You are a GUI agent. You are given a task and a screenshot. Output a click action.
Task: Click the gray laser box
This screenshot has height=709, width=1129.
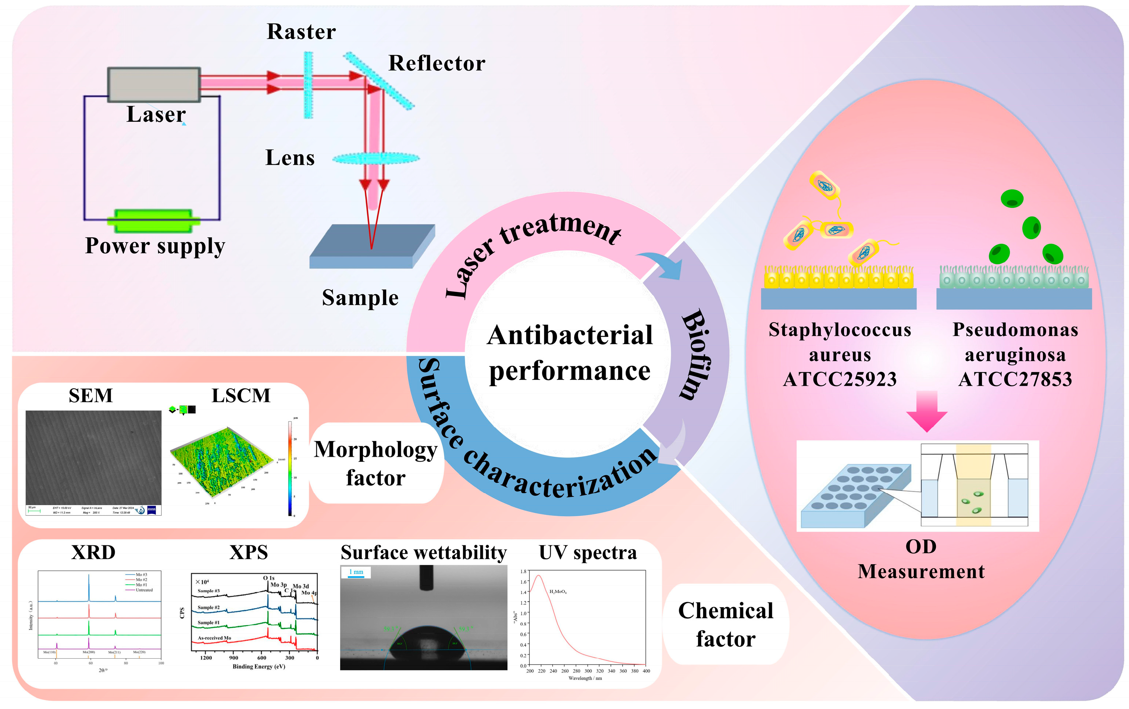click(154, 85)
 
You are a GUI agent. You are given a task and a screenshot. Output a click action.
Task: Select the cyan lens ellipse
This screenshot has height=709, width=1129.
click(376, 159)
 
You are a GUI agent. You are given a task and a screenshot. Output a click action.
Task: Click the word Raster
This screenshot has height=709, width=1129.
click(301, 32)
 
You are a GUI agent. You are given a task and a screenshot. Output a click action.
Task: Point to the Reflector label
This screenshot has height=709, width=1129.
click(437, 63)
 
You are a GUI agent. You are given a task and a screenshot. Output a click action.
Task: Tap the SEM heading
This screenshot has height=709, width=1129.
click(90, 396)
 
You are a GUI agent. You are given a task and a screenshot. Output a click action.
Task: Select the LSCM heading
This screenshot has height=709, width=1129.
click(241, 396)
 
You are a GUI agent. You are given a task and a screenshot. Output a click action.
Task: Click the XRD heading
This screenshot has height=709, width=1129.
click(93, 552)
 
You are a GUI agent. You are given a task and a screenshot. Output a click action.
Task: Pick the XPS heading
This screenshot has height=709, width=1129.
click(249, 552)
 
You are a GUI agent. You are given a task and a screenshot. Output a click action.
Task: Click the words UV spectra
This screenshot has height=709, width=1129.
click(588, 552)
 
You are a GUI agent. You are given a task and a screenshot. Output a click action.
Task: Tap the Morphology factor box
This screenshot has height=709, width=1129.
click(375, 463)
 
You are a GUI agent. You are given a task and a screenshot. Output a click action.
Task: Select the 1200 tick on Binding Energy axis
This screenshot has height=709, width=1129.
click(206, 658)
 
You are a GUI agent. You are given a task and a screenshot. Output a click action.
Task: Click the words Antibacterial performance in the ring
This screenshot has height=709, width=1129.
click(569, 353)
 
